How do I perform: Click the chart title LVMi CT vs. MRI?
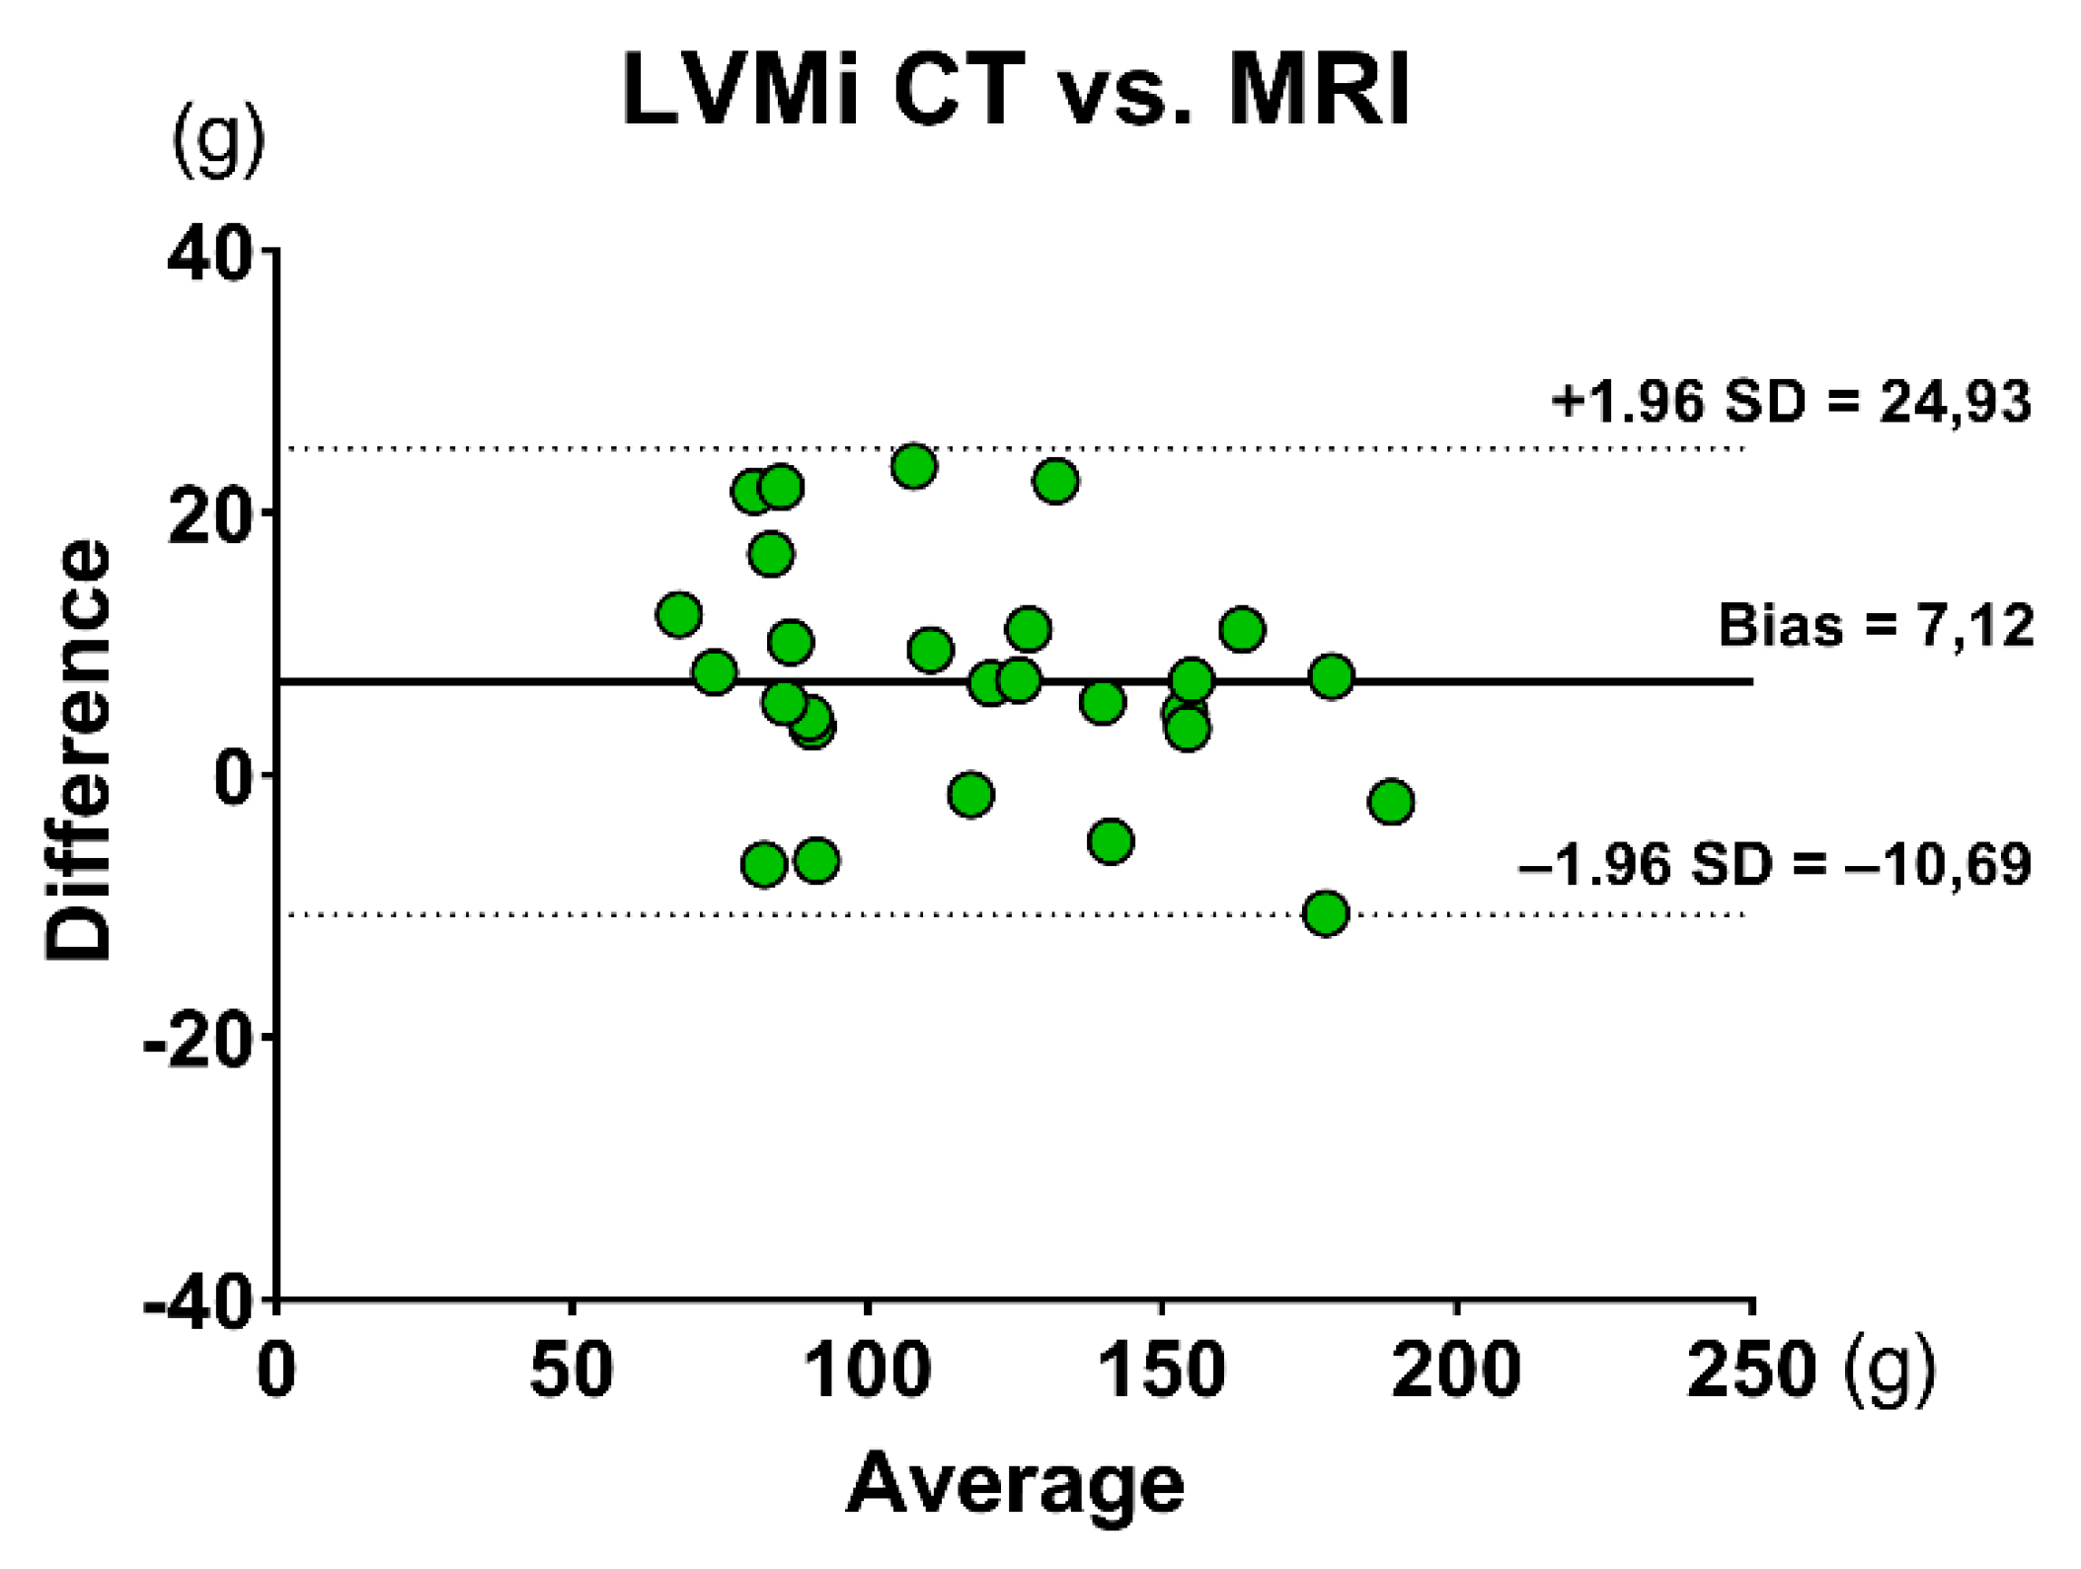pyautogui.click(x=1016, y=90)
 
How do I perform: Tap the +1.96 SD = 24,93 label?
pyautogui.click(x=1791, y=402)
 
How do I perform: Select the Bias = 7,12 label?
pyautogui.click(x=1876, y=625)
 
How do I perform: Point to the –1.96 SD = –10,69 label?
pyautogui.click(x=1774, y=864)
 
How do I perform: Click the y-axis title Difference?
pyautogui.click(x=78, y=749)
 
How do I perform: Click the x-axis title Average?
pyautogui.click(x=1016, y=1484)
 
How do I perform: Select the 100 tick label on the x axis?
pyautogui.click(x=867, y=1372)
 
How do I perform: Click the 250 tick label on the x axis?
pyautogui.click(x=1751, y=1372)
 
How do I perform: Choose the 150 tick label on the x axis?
pyautogui.click(x=1162, y=1372)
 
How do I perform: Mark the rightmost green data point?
pyautogui.click(x=1392, y=802)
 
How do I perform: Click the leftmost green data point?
pyautogui.click(x=678, y=614)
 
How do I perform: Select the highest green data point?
pyautogui.click(x=914, y=466)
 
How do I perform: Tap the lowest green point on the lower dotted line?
pyautogui.click(x=1326, y=913)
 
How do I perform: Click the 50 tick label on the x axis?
pyautogui.click(x=572, y=1372)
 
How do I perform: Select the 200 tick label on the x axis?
pyautogui.click(x=1456, y=1372)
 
